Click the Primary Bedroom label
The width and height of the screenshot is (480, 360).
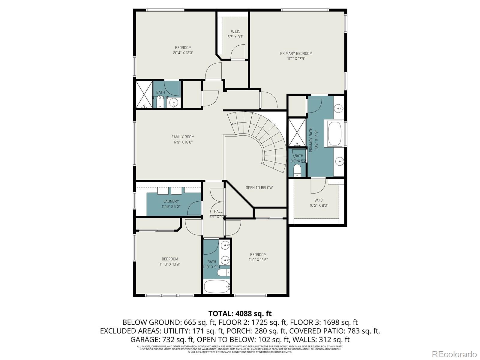click(296, 53)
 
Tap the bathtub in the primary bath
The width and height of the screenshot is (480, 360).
click(335, 133)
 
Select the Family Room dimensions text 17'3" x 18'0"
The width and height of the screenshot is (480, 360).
click(183, 142)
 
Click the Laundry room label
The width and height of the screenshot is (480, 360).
click(171, 201)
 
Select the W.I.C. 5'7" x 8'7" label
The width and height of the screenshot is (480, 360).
click(235, 32)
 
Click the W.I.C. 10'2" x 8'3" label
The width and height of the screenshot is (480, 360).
click(319, 200)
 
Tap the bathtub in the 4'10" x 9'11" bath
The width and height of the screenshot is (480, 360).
click(217, 286)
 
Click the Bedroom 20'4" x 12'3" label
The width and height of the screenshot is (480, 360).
click(183, 47)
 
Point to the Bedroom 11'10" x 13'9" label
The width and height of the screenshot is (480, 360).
click(170, 259)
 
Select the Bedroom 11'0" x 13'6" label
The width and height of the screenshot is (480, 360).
click(258, 254)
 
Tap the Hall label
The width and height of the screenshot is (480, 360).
click(218, 211)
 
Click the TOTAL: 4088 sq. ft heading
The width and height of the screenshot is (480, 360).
click(240, 313)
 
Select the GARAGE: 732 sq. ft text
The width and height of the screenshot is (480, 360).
click(162, 340)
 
